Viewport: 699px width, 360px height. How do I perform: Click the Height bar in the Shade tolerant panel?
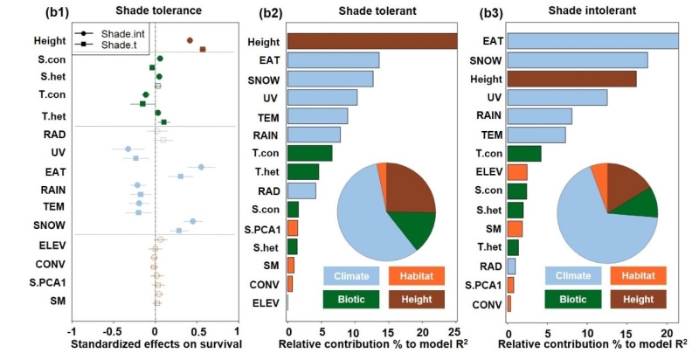click(372, 41)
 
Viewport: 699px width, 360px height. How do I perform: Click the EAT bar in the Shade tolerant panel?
click(333, 60)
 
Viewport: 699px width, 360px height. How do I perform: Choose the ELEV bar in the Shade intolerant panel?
click(517, 172)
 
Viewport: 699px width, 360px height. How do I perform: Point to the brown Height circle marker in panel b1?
click(190, 40)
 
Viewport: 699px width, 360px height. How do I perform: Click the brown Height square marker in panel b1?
click(203, 49)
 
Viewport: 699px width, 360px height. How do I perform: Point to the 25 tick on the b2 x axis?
click(453, 331)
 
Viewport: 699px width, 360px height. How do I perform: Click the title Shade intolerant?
click(606, 10)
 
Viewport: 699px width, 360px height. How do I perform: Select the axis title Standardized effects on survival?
click(154, 345)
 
